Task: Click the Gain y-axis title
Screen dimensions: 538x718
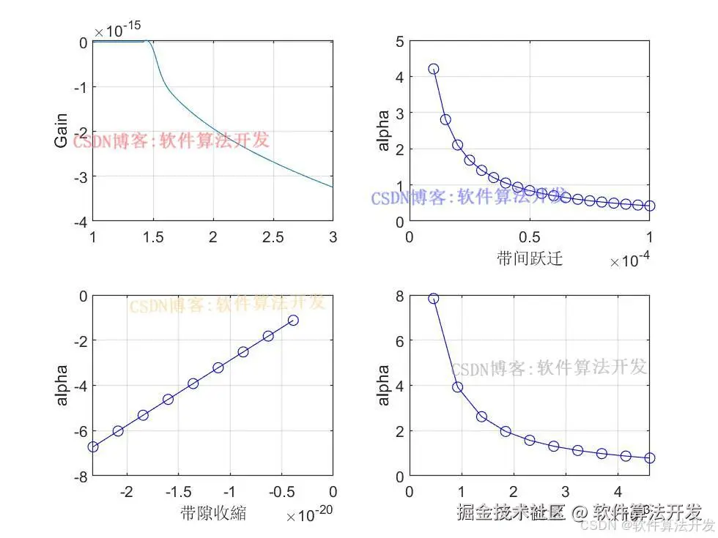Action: [62, 131]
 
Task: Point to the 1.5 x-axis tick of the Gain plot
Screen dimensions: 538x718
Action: [152, 237]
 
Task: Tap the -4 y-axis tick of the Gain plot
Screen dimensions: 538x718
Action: [83, 221]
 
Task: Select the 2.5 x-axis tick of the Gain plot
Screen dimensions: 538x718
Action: [273, 237]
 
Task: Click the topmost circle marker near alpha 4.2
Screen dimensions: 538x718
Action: [433, 69]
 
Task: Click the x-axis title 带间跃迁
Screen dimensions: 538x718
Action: [529, 258]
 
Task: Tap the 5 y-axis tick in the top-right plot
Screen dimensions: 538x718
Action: [399, 41]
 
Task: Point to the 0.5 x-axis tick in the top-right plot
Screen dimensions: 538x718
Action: [529, 237]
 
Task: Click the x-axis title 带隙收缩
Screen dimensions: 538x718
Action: [212, 512]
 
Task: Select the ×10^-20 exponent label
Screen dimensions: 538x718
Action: [309, 516]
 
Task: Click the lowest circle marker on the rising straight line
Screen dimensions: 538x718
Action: [93, 447]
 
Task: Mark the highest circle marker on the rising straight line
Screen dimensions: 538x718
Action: [293, 321]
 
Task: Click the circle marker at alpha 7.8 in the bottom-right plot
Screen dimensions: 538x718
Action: [433, 299]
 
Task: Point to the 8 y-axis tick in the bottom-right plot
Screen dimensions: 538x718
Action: [399, 296]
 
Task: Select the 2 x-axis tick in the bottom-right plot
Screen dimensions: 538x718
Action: [513, 491]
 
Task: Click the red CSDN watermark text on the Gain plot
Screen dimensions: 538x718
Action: [171, 141]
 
